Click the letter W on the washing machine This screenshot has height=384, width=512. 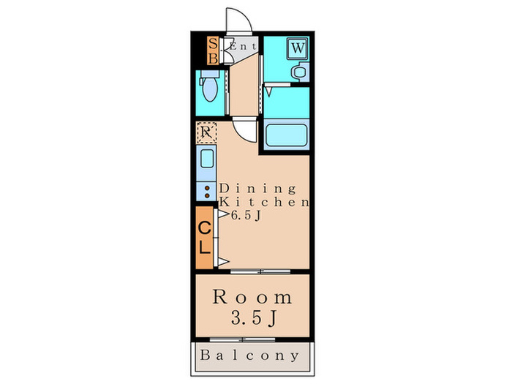[298, 48]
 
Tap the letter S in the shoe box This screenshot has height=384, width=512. [213, 43]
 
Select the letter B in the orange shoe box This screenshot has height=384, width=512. [213, 59]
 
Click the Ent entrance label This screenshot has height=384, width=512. [243, 46]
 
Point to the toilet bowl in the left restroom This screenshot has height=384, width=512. [209, 89]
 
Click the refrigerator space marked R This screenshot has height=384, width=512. [206, 132]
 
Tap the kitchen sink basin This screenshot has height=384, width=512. [207, 159]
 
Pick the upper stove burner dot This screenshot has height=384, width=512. [207, 188]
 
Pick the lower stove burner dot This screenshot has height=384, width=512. [207, 195]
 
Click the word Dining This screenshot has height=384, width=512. [257, 189]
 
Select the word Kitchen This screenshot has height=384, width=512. [264, 202]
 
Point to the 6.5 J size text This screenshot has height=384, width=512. [246, 215]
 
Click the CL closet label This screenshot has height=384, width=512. [204, 238]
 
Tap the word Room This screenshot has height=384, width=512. [252, 297]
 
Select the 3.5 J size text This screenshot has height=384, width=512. [254, 318]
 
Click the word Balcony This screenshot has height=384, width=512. [249, 355]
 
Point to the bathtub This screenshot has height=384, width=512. [286, 135]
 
